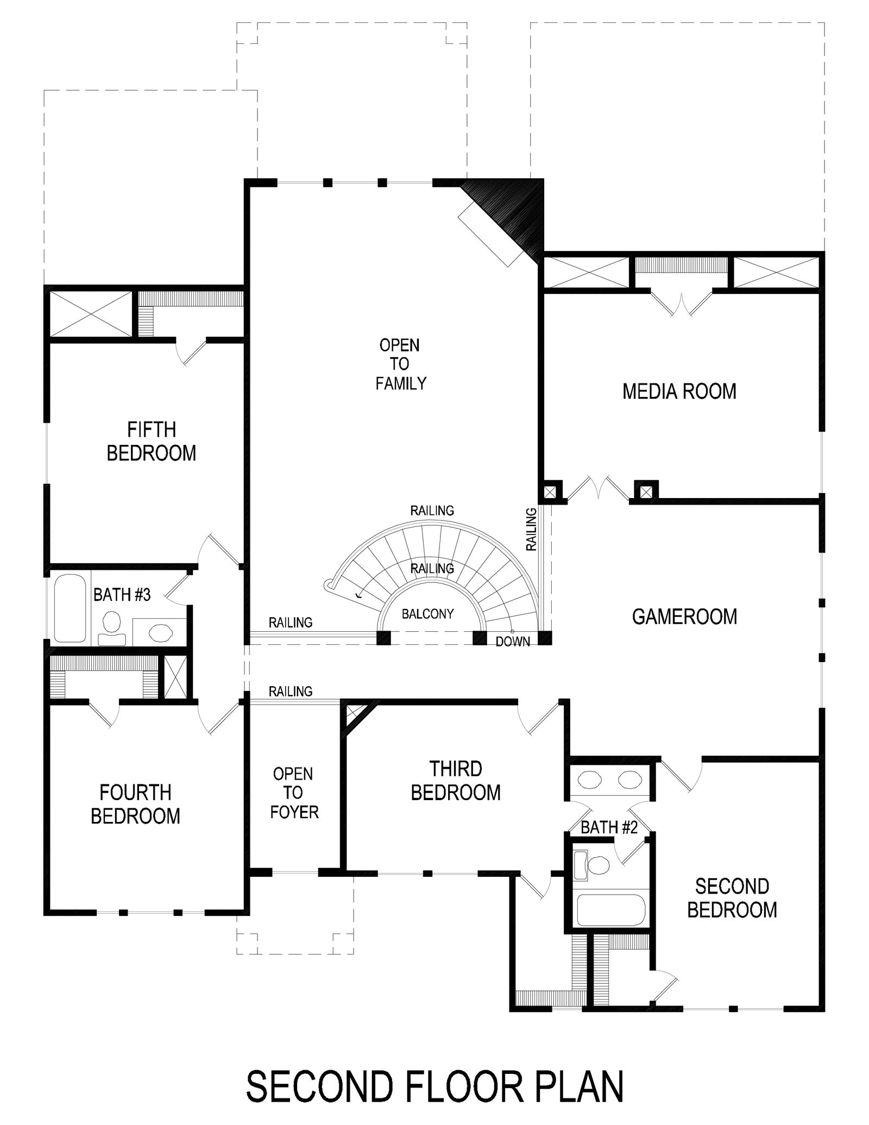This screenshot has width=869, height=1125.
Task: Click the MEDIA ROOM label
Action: (679, 391)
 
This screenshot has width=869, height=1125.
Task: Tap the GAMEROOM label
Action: (684, 617)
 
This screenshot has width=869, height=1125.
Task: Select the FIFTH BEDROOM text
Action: (152, 441)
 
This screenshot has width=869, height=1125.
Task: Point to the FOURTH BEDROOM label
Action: (135, 804)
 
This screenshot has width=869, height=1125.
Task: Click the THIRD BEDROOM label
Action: (456, 781)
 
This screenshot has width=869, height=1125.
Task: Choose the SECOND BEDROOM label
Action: (732, 898)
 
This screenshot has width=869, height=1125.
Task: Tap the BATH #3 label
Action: (122, 595)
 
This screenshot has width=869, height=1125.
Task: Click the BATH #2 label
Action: (609, 827)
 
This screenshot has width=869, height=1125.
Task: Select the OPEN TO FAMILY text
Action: (401, 364)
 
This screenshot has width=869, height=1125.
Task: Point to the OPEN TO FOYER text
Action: (294, 793)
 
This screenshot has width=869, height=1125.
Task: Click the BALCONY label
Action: (427, 614)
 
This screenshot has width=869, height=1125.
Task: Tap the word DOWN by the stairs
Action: (513, 642)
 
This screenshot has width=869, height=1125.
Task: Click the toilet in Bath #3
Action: (112, 628)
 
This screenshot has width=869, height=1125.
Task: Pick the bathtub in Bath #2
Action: (610, 910)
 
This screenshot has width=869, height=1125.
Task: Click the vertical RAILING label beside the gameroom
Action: (532, 529)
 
